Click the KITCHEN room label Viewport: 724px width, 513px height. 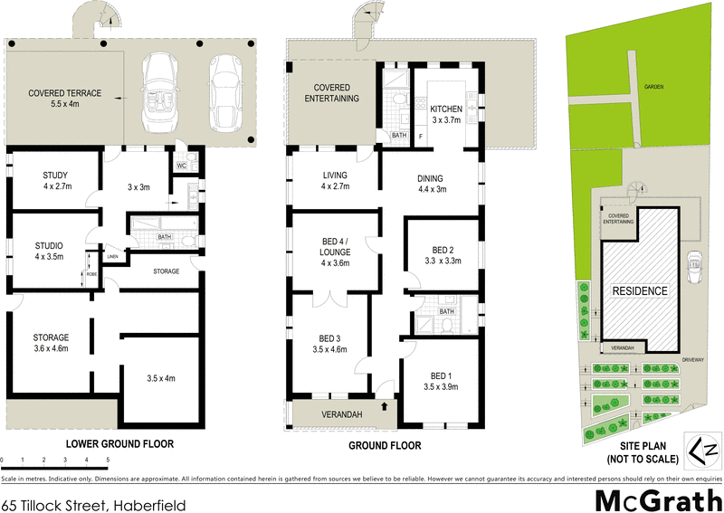(x=446, y=108)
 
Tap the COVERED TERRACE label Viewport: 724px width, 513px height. (x=64, y=93)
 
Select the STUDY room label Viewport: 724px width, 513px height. (x=56, y=176)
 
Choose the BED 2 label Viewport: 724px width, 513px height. (x=442, y=250)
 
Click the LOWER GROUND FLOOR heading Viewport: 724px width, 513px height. (x=119, y=444)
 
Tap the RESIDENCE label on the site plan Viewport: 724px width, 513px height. (x=639, y=291)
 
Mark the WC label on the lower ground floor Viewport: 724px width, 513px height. (x=182, y=166)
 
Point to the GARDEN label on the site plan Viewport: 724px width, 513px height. (x=653, y=86)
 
